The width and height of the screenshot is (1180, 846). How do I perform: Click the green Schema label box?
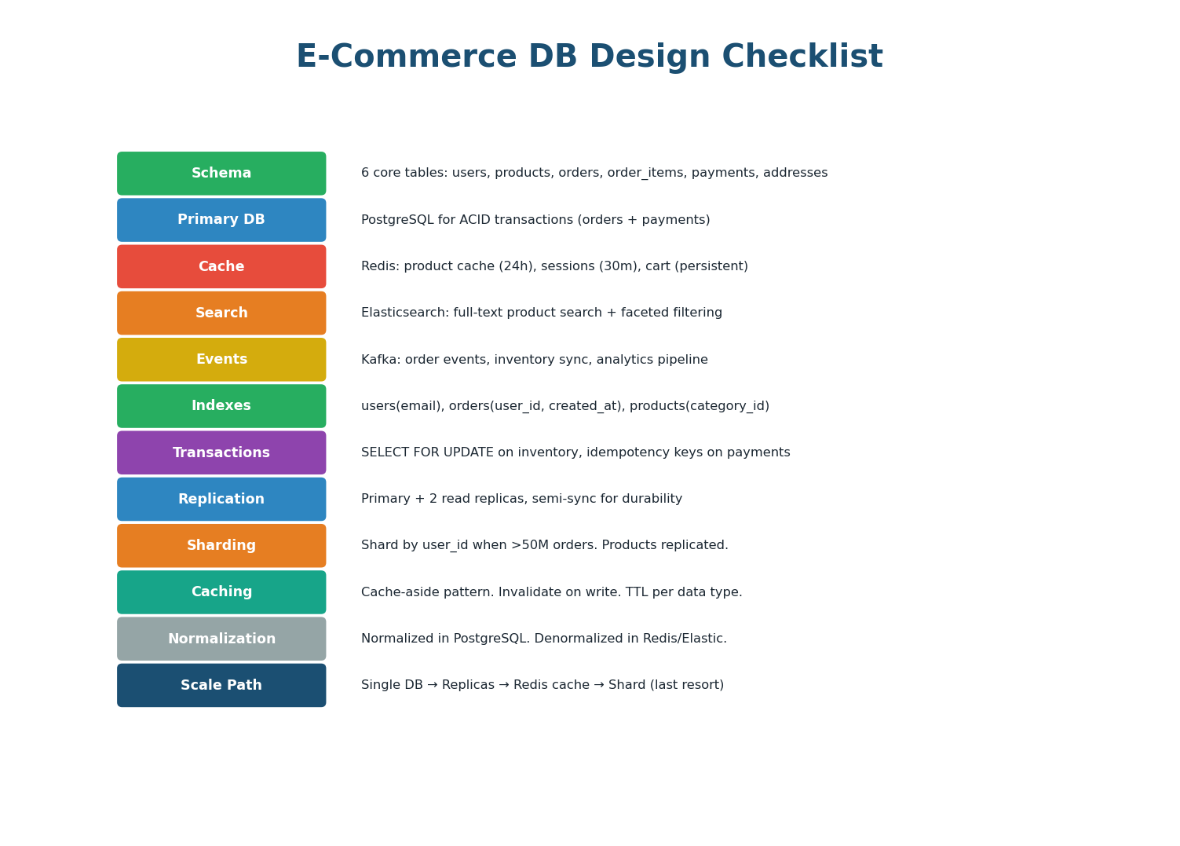tap(221, 174)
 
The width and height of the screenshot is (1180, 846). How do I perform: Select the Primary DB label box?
tap(221, 220)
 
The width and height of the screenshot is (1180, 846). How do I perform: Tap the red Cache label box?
tap(221, 266)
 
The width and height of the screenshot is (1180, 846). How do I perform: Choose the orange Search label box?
tap(221, 313)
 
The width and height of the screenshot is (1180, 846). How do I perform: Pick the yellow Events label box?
tap(221, 360)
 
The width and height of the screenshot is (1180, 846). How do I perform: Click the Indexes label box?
tap(221, 406)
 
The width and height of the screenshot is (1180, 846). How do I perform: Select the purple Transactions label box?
tap(221, 452)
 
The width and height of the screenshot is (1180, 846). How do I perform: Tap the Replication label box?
tap(221, 499)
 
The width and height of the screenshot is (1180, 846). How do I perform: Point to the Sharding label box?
tap(221, 546)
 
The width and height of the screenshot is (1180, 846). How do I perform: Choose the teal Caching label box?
tap(221, 592)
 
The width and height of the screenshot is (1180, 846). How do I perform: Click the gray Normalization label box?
tap(221, 639)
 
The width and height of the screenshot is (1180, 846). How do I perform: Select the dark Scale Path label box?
tap(221, 685)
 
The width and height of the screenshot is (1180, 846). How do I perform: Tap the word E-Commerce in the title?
tap(406, 57)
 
